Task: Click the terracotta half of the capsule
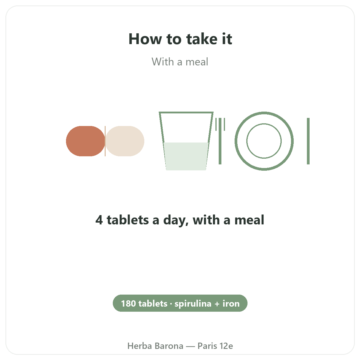pyautogui.click(x=85, y=141)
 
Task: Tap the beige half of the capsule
pyautogui.click(x=125, y=141)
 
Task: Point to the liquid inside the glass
pyautogui.click(x=186, y=156)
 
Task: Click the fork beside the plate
pyautogui.click(x=220, y=141)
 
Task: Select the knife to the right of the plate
pyautogui.click(x=308, y=141)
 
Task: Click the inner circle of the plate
pyautogui.click(x=264, y=124)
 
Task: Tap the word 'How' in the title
pyautogui.click(x=145, y=39)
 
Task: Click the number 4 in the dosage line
pyautogui.click(x=99, y=220)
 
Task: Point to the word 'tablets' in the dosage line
pyautogui.click(x=128, y=220)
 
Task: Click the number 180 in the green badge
pyautogui.click(x=128, y=304)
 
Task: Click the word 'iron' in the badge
pyautogui.click(x=231, y=304)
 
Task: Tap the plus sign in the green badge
pyautogui.click(x=217, y=304)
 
